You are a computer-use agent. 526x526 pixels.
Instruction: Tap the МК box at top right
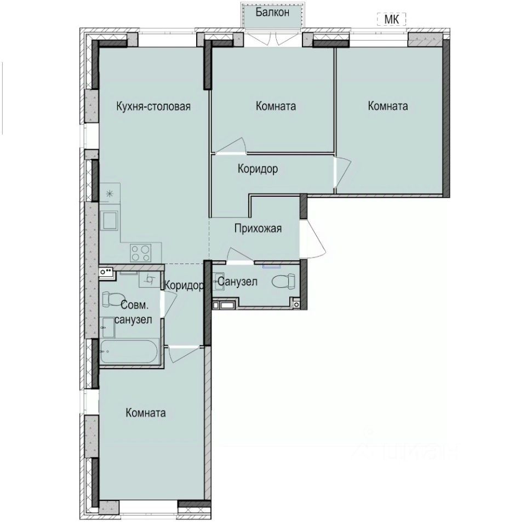coord(391,19)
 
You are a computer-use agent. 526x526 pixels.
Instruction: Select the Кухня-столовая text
coord(153,106)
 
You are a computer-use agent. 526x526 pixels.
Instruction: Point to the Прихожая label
coord(258,228)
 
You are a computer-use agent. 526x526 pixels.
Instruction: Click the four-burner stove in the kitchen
coord(141,253)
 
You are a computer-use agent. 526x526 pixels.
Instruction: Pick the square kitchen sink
coord(110,221)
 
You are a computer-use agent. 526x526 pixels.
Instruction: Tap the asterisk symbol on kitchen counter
coord(109,193)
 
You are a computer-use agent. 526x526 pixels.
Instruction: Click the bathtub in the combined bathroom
coord(130,351)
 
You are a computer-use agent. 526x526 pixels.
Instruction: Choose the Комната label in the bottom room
coord(146,413)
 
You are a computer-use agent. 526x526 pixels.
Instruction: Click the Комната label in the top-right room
coord(388,106)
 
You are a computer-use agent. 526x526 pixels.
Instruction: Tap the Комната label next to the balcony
coord(276,106)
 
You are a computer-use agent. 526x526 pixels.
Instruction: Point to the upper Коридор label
coord(258,169)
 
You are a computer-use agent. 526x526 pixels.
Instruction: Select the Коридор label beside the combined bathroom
coord(184,285)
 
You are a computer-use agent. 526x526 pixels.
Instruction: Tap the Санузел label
coord(237,282)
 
